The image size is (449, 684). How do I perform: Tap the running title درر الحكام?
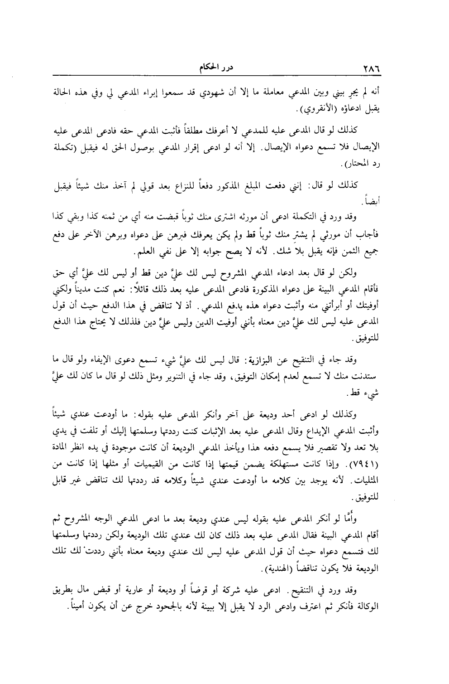point(216,68)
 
